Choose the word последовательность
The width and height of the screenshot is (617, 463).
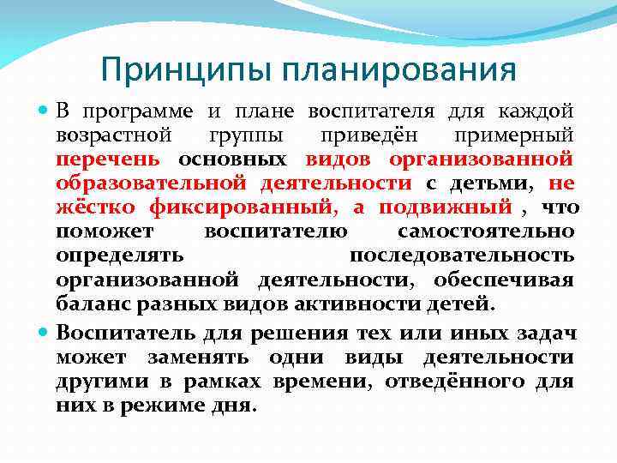coord(462,256)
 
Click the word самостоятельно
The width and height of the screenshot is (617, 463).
coord(486,231)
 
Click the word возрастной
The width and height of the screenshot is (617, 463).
coord(113,135)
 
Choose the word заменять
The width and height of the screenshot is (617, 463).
coord(201,357)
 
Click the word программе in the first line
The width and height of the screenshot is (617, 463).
coord(141,111)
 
